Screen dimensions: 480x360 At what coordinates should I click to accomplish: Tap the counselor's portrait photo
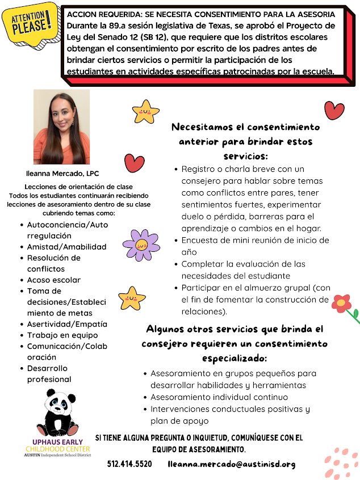coord(61,127)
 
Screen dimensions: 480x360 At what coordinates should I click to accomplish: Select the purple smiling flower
coord(141,245)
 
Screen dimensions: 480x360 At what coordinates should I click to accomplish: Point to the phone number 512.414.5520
coord(129,464)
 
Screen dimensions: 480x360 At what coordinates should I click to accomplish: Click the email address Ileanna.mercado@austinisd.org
coord(232,464)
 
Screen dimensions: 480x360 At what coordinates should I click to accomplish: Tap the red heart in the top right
coord(334,110)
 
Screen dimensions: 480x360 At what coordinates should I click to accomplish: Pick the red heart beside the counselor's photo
coord(135,162)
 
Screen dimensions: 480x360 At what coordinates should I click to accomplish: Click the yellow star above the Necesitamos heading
coord(145,111)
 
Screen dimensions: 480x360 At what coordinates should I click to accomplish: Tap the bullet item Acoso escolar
coord(54,280)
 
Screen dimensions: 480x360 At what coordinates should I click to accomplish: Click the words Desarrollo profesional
coord(49,374)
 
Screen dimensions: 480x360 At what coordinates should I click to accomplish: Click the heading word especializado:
coord(234,359)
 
